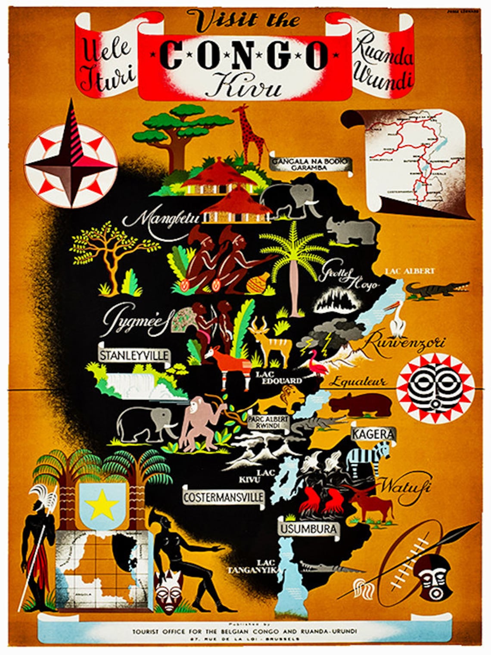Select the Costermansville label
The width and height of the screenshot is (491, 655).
(223, 497)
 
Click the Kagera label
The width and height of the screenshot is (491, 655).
(373, 434)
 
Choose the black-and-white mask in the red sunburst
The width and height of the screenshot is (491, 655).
(435, 386)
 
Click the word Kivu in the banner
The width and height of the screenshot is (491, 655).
(244, 84)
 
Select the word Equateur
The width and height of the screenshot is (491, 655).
(358, 382)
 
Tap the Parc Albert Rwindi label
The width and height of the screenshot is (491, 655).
(268, 421)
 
